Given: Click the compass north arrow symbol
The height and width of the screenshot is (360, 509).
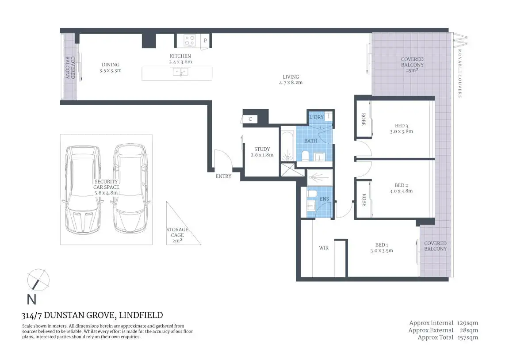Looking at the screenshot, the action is coord(38,280).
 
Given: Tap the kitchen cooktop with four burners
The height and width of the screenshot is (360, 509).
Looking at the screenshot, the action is coord(190,41).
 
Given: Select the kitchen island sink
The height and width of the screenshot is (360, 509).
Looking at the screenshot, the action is coord(180,72).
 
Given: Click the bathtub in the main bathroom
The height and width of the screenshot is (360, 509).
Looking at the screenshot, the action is coord(287,146).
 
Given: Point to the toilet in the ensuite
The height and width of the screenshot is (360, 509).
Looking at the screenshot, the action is coord(312,193).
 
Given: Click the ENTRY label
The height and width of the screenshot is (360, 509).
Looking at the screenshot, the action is coord(223,176).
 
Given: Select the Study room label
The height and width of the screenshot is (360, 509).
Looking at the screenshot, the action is coord(262,149).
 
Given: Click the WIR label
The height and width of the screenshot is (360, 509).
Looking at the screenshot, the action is coord(324,248).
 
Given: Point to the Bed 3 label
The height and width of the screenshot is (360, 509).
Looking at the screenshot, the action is coord(401,126).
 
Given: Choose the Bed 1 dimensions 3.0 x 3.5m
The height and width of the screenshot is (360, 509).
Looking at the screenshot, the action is coord(382,251).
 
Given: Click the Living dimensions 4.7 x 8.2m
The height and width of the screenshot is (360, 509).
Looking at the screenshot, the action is coord(291,83).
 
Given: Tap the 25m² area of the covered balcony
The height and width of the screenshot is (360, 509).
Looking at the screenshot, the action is coord(412,70).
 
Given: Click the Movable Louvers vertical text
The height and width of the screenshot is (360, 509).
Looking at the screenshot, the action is coord(459,73).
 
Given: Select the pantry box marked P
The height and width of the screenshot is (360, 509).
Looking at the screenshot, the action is coord(205,41).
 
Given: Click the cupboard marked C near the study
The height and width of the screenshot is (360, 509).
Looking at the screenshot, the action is coord(250,119).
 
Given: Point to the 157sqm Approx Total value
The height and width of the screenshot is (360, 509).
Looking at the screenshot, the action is coord(467,337).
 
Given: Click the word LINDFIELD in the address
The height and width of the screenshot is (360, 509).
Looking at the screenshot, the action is coord(141,315).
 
